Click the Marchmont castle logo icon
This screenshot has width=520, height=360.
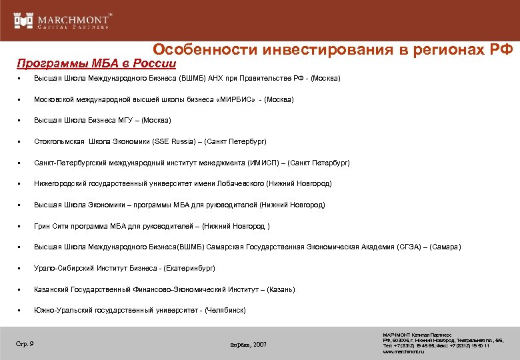[x=23, y=20]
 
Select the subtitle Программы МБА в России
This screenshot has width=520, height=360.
[x=97, y=64]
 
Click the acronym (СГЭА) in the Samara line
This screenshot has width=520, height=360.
[x=409, y=247]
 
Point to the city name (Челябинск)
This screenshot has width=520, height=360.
[x=225, y=311]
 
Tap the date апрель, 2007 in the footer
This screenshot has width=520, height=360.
[x=249, y=345]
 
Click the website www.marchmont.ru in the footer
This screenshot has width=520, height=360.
[x=403, y=351]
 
